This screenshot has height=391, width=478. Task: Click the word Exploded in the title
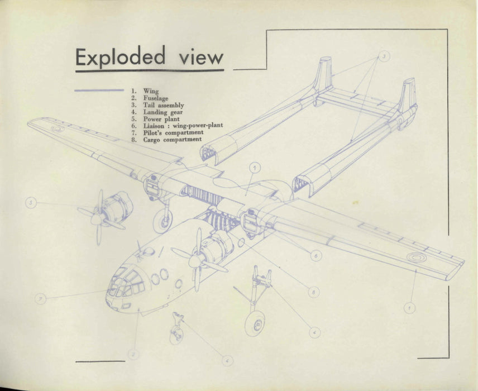(x=121, y=57)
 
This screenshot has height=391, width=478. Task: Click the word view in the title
(x=201, y=58)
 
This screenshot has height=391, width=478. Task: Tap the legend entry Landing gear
(x=162, y=112)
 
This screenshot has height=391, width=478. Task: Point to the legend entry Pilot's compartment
(x=173, y=133)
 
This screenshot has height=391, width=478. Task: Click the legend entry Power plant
(x=161, y=119)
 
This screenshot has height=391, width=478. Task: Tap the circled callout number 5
(x=31, y=203)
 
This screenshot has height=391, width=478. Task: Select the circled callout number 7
(x=40, y=299)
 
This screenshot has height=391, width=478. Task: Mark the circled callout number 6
(x=316, y=255)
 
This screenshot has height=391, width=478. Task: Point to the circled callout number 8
(x=314, y=292)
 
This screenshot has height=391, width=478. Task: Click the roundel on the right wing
(x=414, y=258)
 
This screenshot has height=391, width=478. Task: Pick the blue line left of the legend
(x=99, y=90)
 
